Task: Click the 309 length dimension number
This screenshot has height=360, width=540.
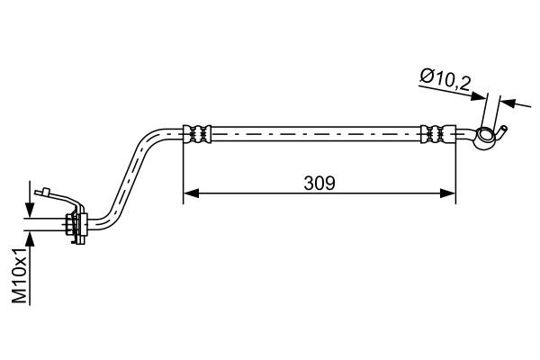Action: [319, 183]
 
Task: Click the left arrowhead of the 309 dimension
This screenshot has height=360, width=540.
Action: [190, 192]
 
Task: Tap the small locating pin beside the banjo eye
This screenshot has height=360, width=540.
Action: [506, 129]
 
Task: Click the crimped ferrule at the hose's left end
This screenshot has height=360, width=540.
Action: [199, 132]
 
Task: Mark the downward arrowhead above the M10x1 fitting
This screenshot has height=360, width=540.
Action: [31, 212]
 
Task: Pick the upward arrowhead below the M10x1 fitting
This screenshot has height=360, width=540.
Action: [31, 238]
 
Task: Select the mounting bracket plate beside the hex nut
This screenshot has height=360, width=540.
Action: [84, 225]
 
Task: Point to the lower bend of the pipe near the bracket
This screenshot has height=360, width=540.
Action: [106, 216]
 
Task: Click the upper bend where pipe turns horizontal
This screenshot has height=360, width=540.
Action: [150, 137]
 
